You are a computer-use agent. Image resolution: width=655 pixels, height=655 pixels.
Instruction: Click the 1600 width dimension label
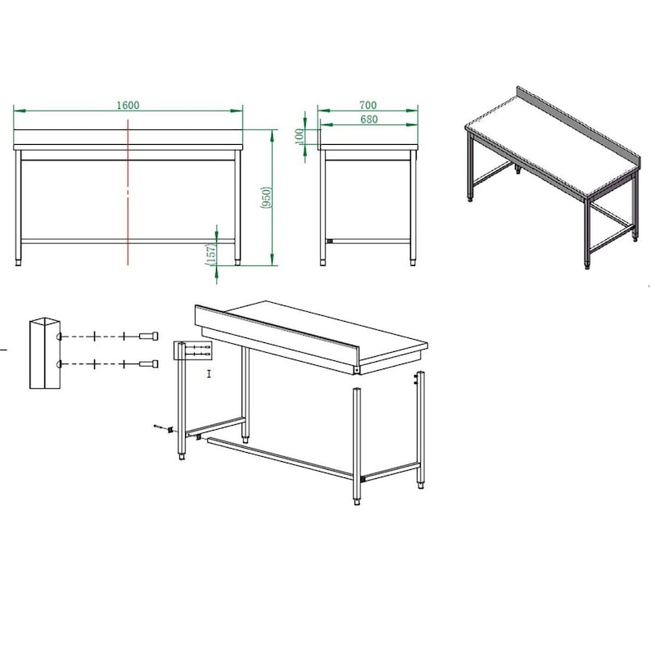tap(128, 105)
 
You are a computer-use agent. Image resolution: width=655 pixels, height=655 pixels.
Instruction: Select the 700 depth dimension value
tap(368, 105)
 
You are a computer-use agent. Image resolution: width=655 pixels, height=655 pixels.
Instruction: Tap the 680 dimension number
tap(369, 119)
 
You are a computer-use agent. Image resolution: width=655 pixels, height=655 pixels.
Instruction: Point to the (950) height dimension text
tap(267, 197)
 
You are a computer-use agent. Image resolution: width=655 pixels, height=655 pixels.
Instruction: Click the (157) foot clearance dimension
tap(210, 255)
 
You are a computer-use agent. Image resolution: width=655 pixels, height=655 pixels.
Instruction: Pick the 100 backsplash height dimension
tap(300, 137)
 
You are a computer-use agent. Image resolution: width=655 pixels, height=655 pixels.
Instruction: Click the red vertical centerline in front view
tap(128, 192)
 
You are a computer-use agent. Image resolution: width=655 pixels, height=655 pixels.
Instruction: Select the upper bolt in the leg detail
tap(149, 336)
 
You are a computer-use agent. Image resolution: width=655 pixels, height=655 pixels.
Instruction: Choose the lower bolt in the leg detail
tap(149, 364)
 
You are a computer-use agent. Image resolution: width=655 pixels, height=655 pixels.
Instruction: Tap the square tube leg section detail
tap(45, 354)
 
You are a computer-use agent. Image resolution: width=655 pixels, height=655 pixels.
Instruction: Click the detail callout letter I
tap(209, 373)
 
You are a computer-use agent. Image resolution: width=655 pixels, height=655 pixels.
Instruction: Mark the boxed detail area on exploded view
tap(192, 350)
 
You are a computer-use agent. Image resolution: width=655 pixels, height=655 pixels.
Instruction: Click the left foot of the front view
tap(18, 263)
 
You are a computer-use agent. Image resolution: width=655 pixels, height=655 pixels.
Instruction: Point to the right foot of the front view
tap(237, 262)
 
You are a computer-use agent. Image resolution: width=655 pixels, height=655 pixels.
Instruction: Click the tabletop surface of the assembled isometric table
tap(551, 144)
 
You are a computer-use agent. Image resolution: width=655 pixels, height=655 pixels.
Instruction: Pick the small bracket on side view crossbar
tap(330, 241)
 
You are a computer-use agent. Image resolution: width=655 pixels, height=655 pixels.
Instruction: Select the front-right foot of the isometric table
tap(587, 265)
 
